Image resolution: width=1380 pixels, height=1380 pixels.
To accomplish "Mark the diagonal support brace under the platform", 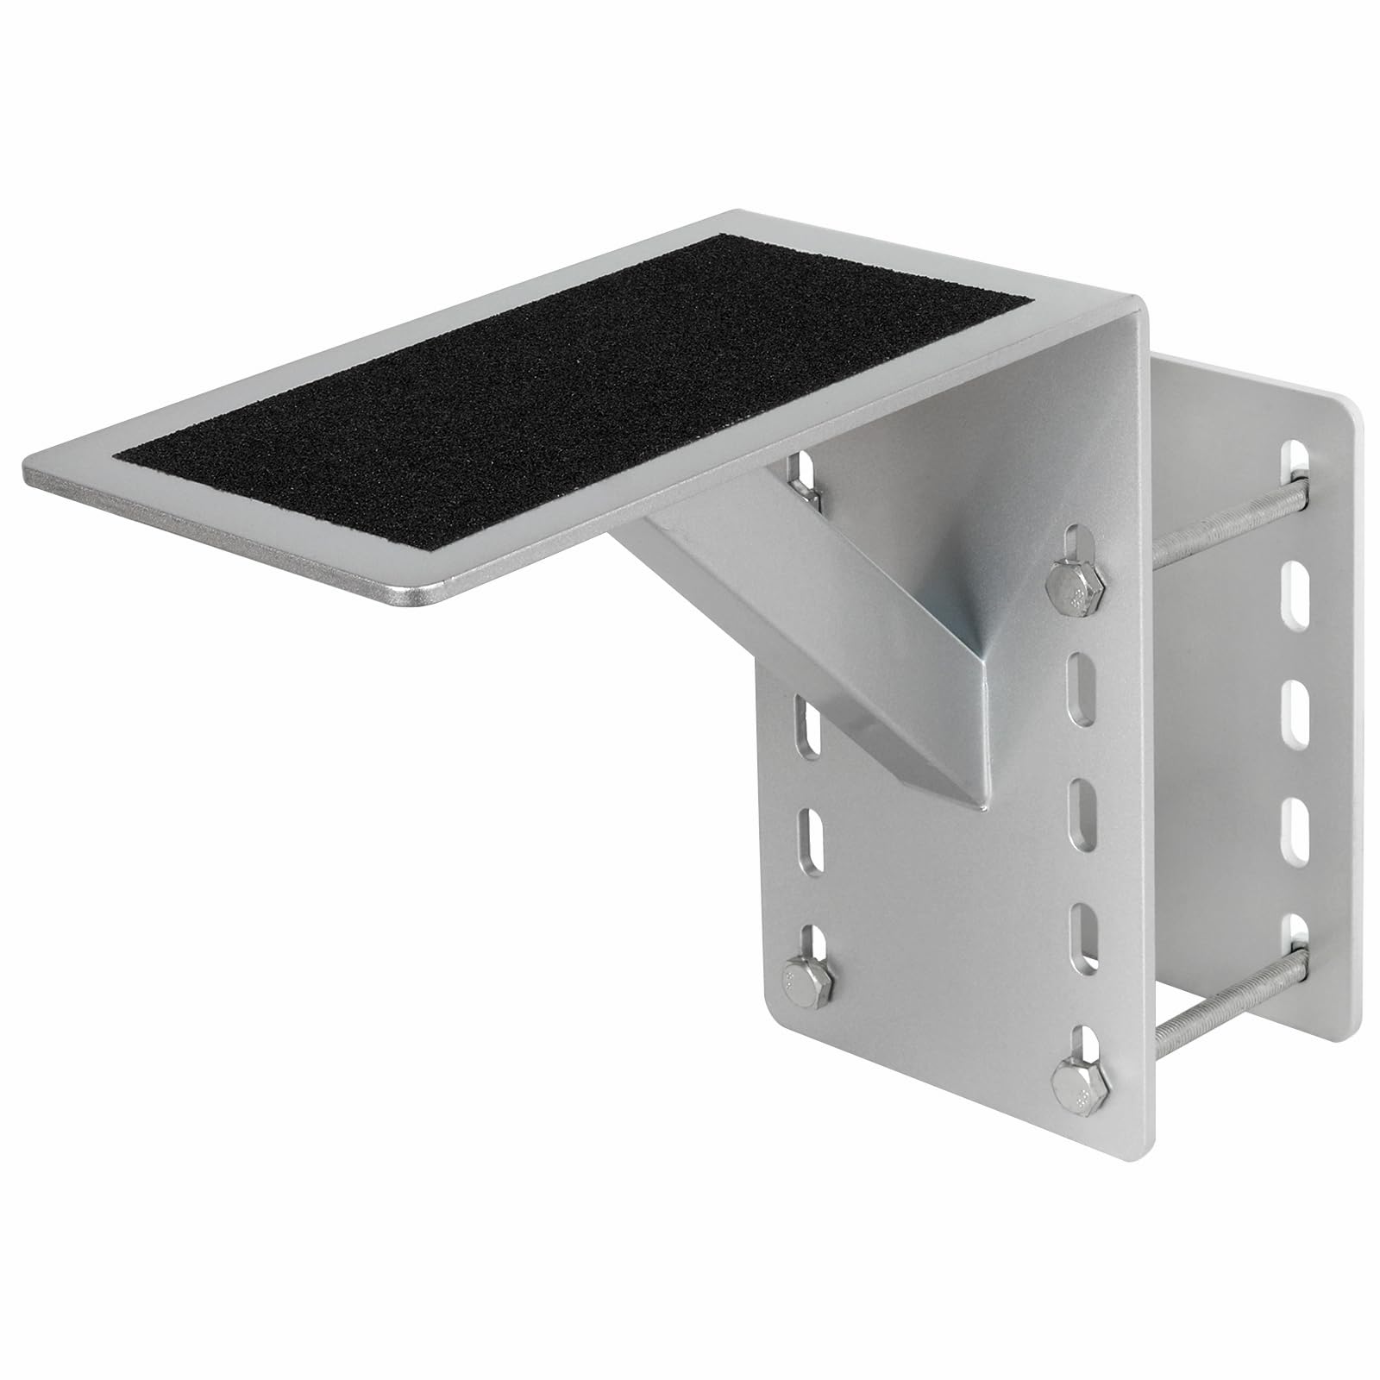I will pos(759,621).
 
